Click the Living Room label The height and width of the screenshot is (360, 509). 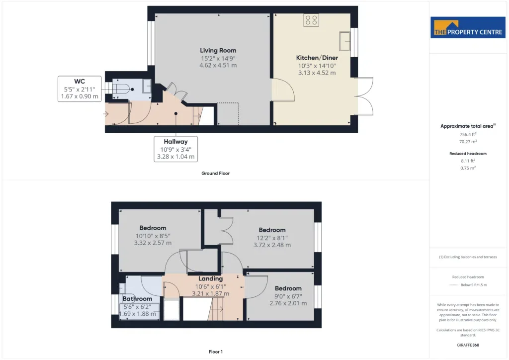click(218, 50)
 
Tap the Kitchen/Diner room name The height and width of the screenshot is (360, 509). click(317, 58)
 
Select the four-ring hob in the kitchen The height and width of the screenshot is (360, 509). click(311, 20)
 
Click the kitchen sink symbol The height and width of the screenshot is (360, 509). click(344, 41)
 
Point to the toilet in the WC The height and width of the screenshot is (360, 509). click(123, 89)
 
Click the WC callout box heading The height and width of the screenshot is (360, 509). click(80, 82)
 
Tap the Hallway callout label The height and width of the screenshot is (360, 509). click(175, 142)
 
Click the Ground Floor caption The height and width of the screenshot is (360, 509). click(215, 174)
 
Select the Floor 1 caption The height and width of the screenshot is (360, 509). click(216, 352)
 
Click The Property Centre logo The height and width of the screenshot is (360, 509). click(468, 27)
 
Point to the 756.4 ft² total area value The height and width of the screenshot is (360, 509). click(468, 134)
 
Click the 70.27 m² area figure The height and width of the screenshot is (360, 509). click(468, 142)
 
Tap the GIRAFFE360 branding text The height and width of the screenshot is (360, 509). click(468, 345)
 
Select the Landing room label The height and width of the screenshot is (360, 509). click(210, 278)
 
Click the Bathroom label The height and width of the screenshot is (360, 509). click(137, 299)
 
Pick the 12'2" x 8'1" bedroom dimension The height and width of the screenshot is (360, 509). click(272, 238)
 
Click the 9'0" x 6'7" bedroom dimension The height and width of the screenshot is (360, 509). click(288, 296)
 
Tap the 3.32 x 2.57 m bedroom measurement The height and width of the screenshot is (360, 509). click(153, 243)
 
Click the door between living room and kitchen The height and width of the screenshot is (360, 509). click(283, 90)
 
